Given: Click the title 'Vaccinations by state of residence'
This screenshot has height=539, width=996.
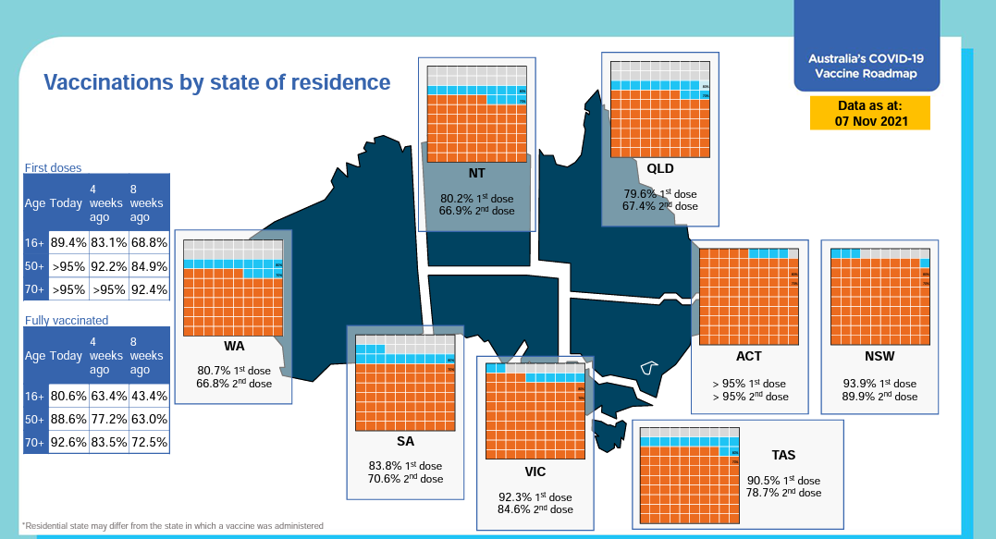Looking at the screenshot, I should click(x=217, y=82).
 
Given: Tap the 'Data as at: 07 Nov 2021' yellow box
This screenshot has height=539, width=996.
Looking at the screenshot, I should click(x=869, y=113).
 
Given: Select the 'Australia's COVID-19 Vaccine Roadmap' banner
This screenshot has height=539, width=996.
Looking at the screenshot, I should click(x=867, y=64).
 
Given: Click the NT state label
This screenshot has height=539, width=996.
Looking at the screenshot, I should click(x=477, y=173).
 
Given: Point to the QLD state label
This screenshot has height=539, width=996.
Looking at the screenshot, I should click(x=660, y=168).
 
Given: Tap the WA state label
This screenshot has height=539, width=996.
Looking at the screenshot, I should click(x=234, y=346).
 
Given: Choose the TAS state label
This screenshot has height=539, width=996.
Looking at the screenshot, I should click(x=783, y=455).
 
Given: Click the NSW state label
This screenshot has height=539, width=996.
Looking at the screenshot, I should click(x=879, y=355).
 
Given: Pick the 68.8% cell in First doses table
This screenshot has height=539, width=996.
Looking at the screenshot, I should click(x=149, y=243).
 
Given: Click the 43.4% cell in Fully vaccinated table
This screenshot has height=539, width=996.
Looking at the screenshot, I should click(x=149, y=396).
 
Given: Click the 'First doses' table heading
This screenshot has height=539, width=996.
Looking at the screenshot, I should click(x=53, y=168).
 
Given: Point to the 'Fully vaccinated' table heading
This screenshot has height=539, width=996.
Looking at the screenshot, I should click(x=66, y=321).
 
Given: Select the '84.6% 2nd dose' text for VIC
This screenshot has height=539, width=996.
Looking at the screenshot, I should click(x=535, y=509).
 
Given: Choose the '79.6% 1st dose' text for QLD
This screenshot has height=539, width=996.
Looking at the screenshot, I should click(x=660, y=194).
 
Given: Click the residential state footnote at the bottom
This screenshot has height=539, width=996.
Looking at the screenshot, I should click(x=173, y=525).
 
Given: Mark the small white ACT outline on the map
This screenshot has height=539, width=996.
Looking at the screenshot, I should click(x=649, y=368).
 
